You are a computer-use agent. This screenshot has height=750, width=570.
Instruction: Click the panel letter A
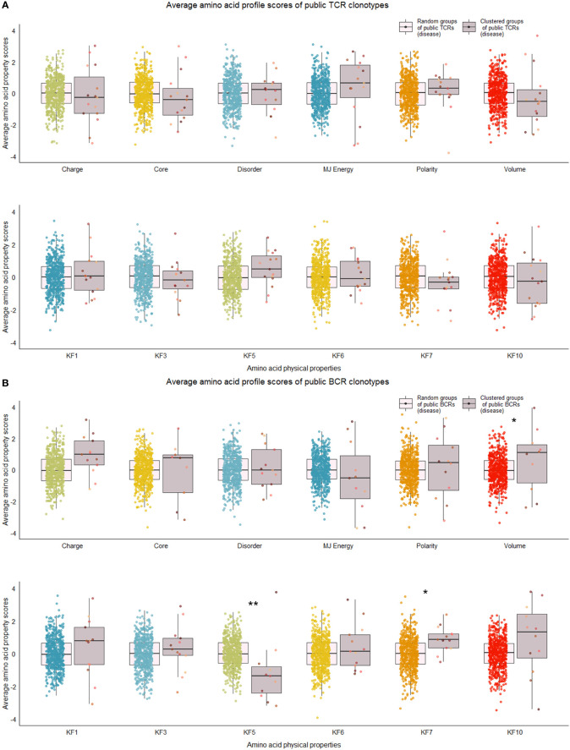pyautogui.click(x=5, y=6)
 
